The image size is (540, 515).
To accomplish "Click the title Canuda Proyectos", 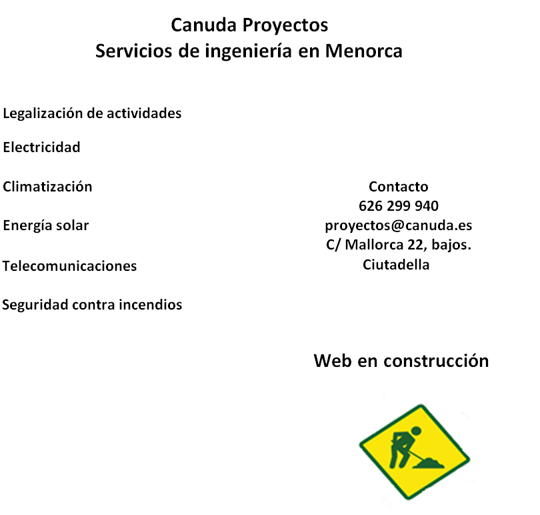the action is (249, 25).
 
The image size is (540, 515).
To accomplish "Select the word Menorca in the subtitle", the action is (364, 51).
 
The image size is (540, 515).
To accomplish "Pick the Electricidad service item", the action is (42, 147).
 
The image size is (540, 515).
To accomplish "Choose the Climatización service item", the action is (47, 187).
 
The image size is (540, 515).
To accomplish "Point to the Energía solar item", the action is (46, 225).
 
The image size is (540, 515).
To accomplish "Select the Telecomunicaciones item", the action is (69, 266).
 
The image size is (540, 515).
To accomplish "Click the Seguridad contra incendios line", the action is (92, 305).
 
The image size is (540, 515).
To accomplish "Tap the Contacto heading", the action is (399, 187).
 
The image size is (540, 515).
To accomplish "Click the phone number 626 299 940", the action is (399, 205).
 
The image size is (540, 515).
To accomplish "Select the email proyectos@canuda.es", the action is (399, 225).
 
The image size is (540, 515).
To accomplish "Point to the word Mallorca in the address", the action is (374, 245).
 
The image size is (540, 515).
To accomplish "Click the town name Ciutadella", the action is (396, 265).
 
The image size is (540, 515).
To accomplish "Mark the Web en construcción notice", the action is (401, 361).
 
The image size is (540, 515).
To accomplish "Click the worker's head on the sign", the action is (416, 431).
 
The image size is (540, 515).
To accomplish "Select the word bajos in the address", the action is (449, 245).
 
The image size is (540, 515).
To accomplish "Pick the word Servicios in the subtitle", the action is (133, 51).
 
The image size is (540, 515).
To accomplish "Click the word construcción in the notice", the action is (437, 361).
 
